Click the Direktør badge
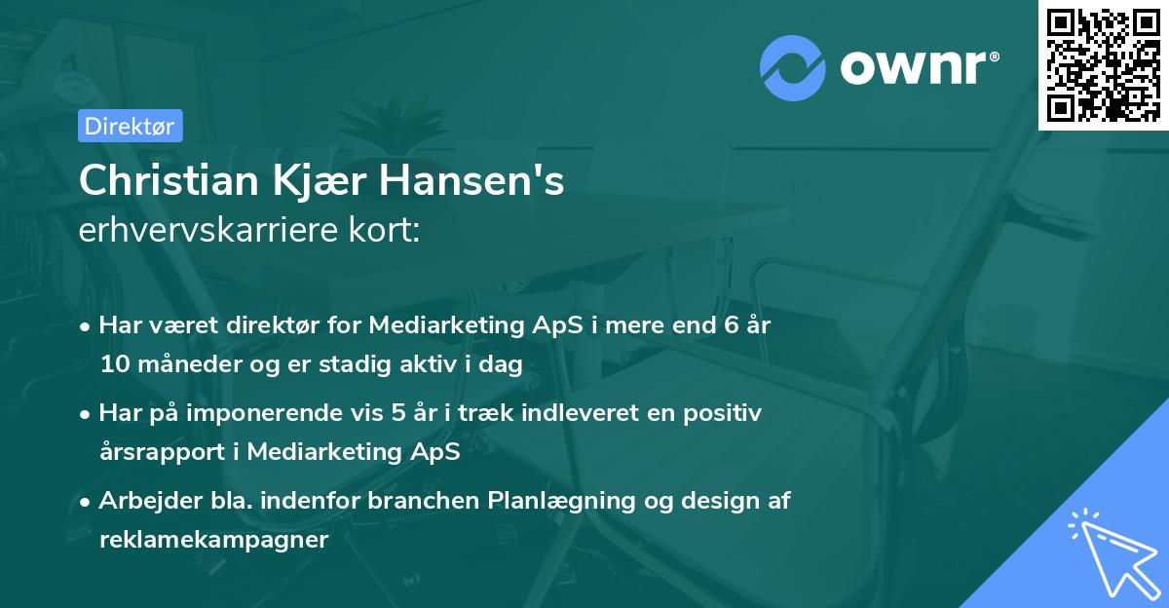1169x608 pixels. coord(130,126)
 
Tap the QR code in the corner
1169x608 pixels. coord(1103,65)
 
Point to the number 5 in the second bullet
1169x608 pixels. coord(399,413)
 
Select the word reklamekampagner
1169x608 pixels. coord(213,539)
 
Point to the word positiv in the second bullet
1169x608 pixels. coord(722,413)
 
